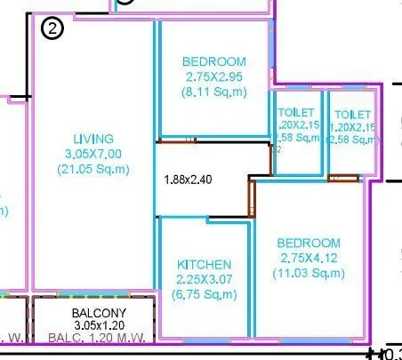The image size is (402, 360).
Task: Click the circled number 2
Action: [53, 29]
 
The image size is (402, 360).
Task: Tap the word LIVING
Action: [93, 139]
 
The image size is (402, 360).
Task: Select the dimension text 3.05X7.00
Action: [93, 154]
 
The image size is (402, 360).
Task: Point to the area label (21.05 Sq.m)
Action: [93, 169]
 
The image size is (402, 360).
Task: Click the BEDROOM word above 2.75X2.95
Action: [213, 61]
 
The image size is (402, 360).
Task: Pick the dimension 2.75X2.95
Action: [213, 76]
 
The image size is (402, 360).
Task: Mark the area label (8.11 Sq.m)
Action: [213, 92]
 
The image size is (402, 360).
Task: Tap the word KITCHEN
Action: [205, 265]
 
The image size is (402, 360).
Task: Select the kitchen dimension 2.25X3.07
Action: [205, 280]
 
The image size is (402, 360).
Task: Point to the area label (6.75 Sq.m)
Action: [205, 295]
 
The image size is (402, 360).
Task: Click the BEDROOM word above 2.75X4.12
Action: [309, 243]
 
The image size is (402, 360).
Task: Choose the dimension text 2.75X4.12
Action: [309, 258]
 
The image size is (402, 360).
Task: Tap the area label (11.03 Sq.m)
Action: [309, 273]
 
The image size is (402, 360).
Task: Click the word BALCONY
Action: [99, 314]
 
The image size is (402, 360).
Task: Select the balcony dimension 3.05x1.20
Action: [99, 325]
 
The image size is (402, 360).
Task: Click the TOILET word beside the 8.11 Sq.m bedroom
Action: [296, 113]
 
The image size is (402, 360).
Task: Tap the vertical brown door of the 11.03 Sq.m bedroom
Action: [252, 198]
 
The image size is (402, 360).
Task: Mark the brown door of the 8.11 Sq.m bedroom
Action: [177, 140]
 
